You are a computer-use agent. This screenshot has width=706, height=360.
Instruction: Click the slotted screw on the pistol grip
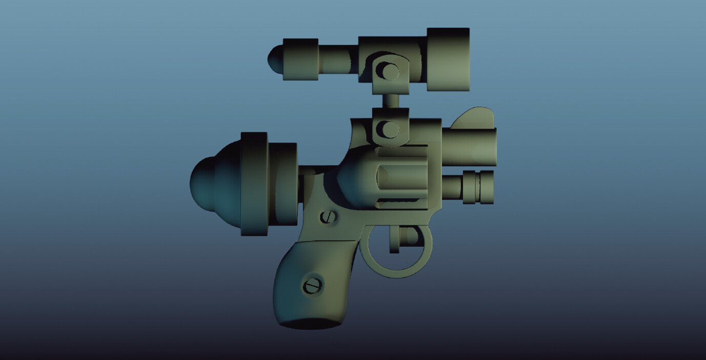(312, 285)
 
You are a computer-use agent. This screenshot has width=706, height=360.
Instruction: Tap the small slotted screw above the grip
(329, 217)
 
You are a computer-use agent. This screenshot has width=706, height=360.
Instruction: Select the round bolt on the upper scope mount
(390, 71)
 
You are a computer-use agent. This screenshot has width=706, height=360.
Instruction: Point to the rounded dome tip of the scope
(274, 59)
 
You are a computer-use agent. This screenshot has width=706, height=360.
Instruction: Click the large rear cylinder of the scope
(448, 59)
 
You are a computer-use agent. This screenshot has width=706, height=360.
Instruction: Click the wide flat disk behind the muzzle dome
(254, 184)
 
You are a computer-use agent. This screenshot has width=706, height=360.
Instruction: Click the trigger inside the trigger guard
(394, 239)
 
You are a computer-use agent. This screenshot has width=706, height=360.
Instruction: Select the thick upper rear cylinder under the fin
(469, 147)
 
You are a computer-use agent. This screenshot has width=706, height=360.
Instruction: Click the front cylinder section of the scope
(300, 59)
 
